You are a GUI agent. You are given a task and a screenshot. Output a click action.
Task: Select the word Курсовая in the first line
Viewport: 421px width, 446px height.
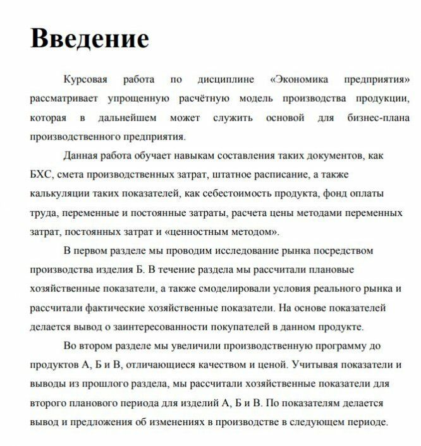pyautogui.click(x=87, y=81)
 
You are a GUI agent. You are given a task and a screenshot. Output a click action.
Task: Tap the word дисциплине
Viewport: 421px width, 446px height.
pyautogui.click(x=226, y=81)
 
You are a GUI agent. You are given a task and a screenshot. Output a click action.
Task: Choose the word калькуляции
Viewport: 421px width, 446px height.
pyautogui.click(x=61, y=193)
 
